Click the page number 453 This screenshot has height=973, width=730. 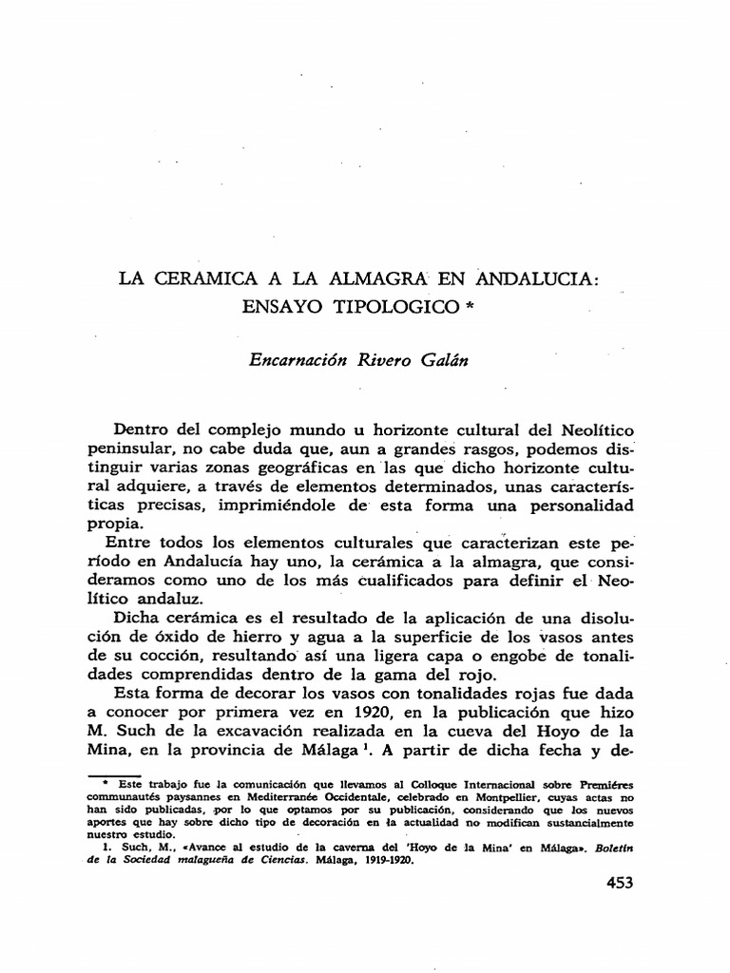tap(619, 884)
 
